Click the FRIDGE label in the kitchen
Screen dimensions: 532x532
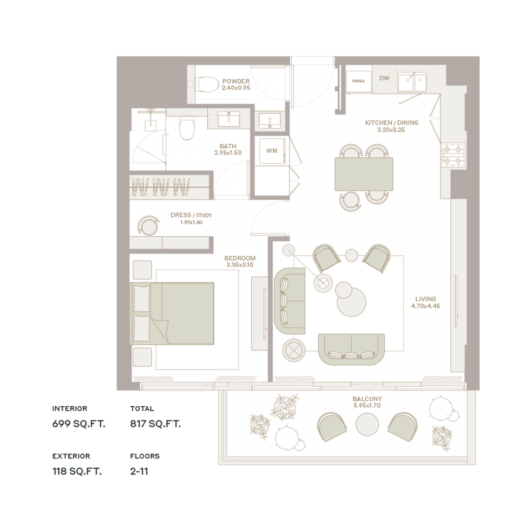pyautogui.click(x=358, y=81)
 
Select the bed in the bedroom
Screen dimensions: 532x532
pyautogui.click(x=172, y=313)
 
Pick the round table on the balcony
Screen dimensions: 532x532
pyautogui.click(x=367, y=424)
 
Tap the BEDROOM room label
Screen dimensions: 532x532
pyautogui.click(x=240, y=258)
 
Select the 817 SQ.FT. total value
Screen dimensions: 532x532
pyautogui.click(x=155, y=423)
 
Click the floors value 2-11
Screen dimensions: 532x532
pyautogui.click(x=139, y=471)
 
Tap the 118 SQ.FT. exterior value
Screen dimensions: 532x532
pyautogui.click(x=77, y=471)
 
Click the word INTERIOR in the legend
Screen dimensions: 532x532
pyautogui.click(x=70, y=409)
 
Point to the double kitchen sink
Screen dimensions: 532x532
pyautogui.click(x=412, y=82)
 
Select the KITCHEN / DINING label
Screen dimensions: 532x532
pyautogui.click(x=392, y=123)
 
